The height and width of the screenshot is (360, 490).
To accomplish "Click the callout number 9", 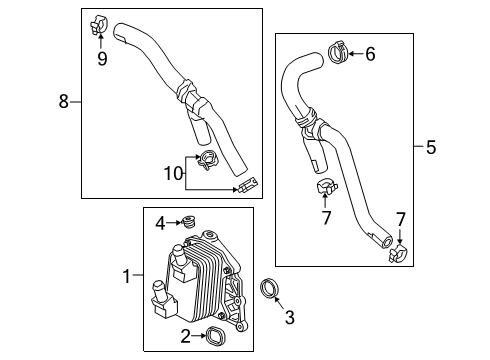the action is (x=102, y=59).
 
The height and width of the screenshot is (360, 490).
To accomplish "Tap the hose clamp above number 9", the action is (x=99, y=25).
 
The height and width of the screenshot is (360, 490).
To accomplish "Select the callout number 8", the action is (x=64, y=101).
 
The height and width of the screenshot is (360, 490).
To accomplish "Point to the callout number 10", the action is (x=174, y=173).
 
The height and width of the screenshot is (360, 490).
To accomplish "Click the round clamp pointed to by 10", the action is (x=208, y=160).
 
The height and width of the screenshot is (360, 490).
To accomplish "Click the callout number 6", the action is (x=370, y=54).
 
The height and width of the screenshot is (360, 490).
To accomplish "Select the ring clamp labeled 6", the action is (x=338, y=52).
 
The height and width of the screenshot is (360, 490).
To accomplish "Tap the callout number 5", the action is (x=431, y=147).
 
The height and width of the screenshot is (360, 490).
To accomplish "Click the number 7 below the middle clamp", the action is (x=326, y=218).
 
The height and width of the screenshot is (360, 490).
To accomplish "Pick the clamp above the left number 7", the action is (x=327, y=188).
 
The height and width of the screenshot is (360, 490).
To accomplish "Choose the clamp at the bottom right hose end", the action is (x=399, y=254).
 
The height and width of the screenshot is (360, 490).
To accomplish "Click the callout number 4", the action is (x=160, y=224).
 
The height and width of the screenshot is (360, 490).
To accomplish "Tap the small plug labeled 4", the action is (x=189, y=222).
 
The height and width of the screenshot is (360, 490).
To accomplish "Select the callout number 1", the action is (x=126, y=276).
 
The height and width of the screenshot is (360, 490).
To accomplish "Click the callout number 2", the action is (x=186, y=336).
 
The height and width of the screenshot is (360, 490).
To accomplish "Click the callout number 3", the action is (x=290, y=317).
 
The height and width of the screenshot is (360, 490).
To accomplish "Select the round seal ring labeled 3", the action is (x=270, y=287).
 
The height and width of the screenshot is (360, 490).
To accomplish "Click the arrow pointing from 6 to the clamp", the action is (x=356, y=54).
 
